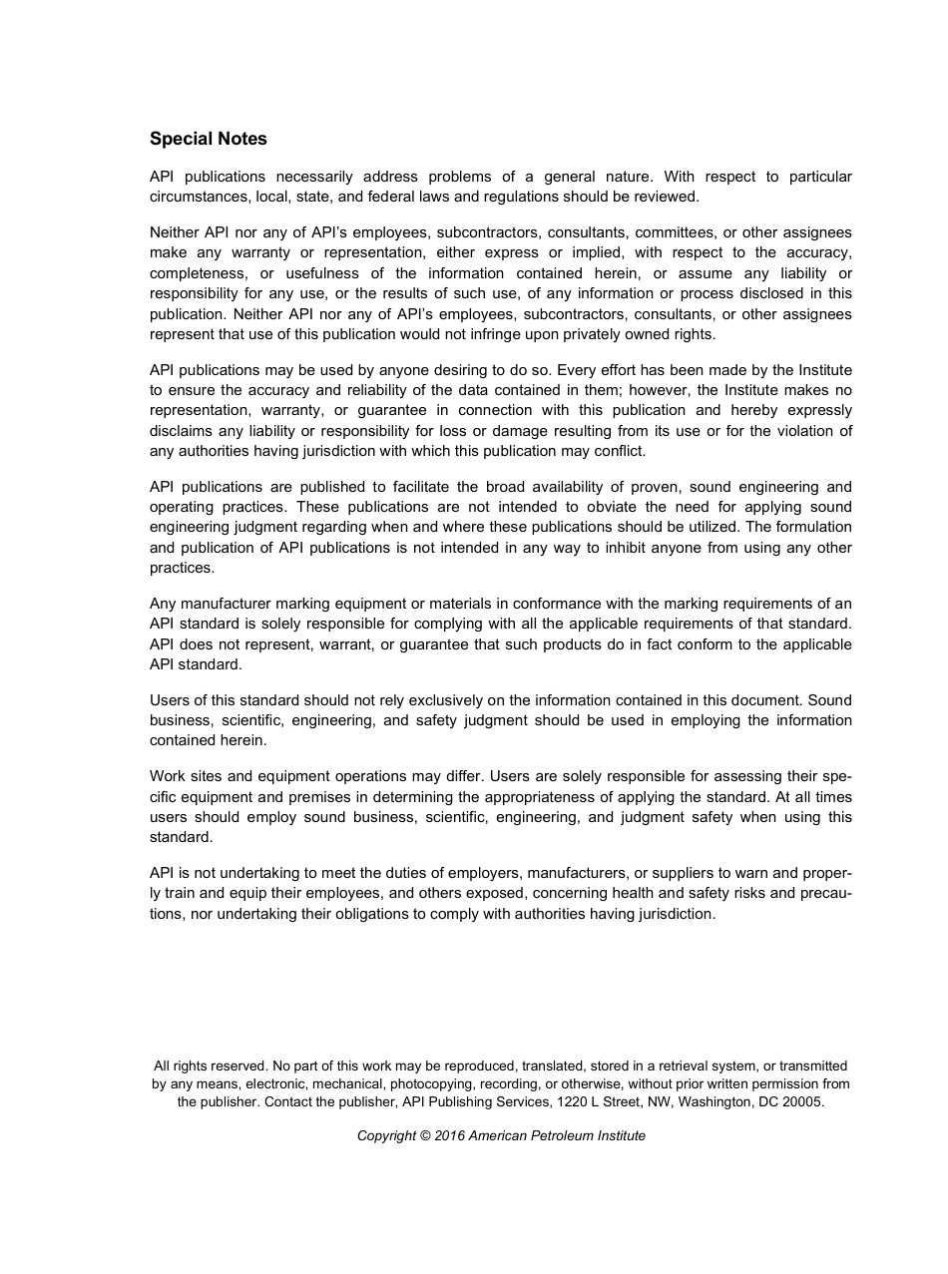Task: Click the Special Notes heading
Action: click(208, 139)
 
